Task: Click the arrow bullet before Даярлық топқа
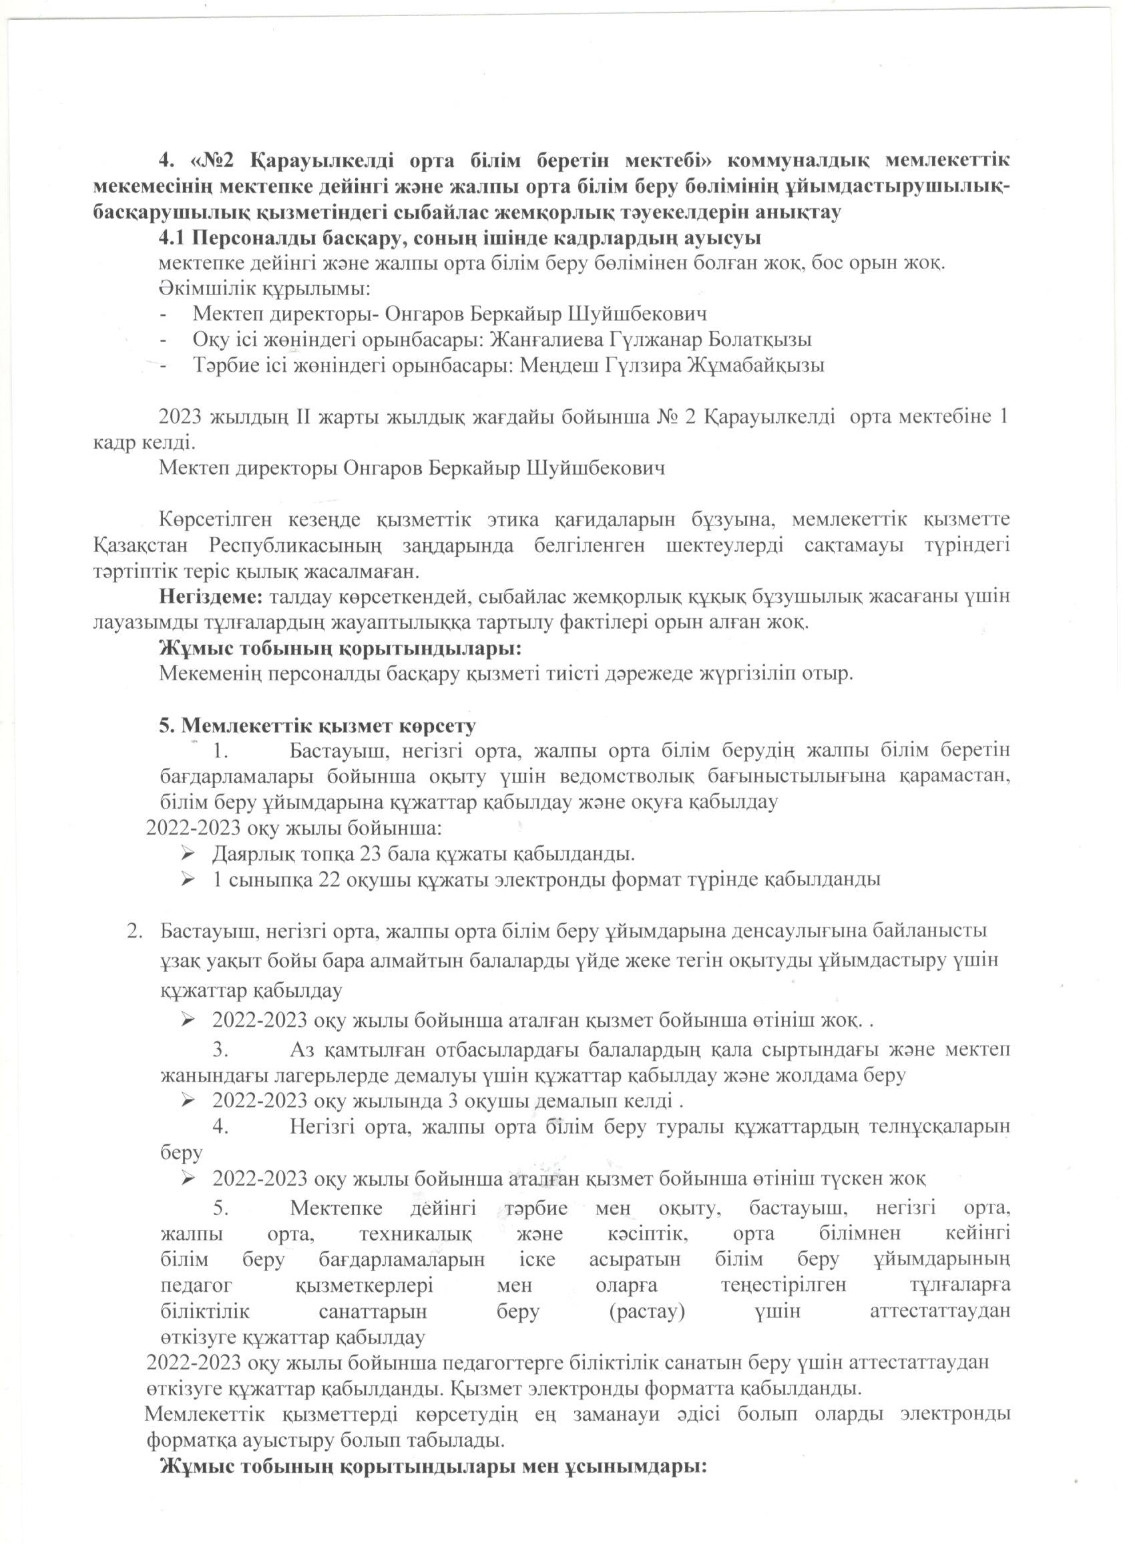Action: click(x=187, y=854)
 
